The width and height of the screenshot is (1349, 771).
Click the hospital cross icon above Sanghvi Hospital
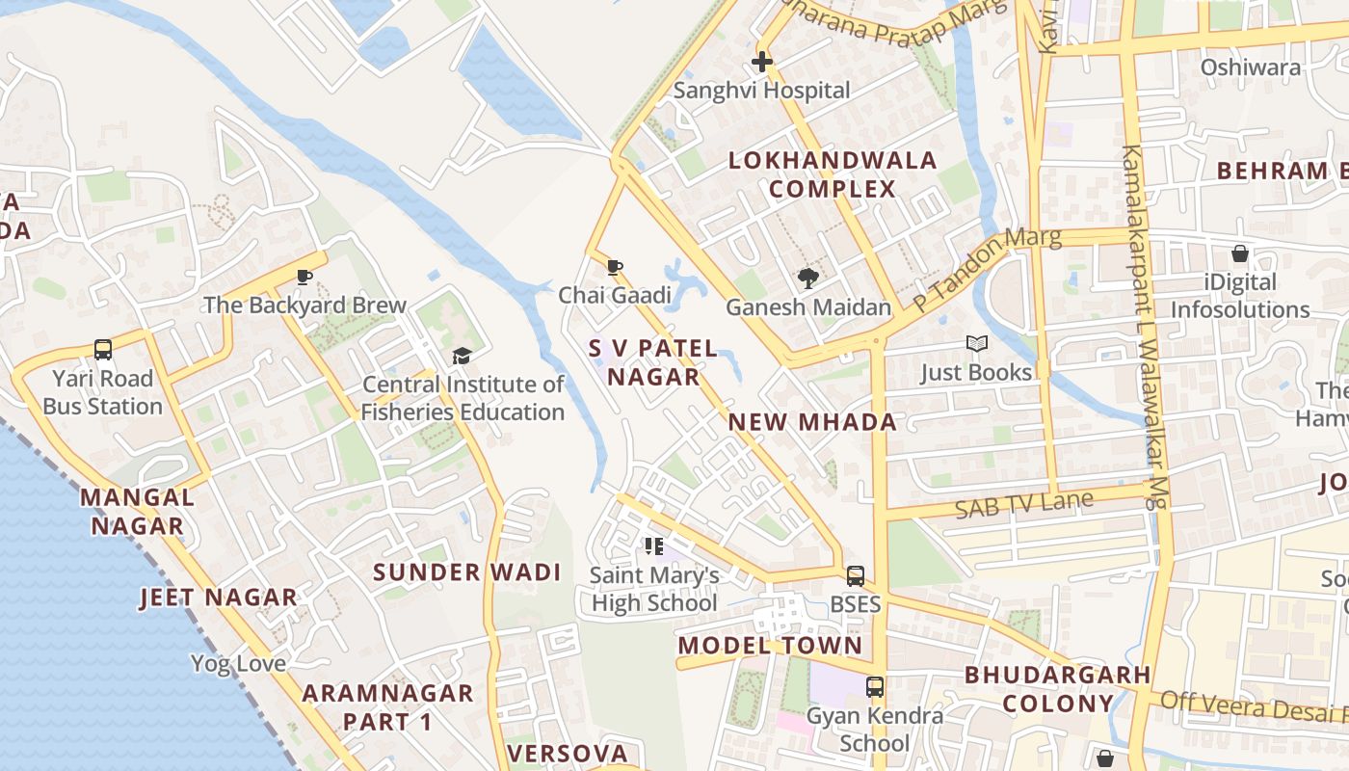coord(761,63)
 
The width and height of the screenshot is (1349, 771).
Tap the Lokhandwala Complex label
coord(833,174)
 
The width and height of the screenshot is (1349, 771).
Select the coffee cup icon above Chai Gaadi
coord(615,267)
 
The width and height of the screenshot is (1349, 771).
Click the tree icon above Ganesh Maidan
coord(808,279)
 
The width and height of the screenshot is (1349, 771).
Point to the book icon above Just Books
coord(976,344)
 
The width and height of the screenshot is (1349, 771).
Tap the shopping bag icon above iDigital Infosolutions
coord(1240,254)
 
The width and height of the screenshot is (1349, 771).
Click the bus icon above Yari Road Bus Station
coord(103,350)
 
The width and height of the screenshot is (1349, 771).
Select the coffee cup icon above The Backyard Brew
coord(304,278)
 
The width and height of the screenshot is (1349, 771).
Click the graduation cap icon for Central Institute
coord(463,357)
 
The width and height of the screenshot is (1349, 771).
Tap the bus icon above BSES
coord(856,576)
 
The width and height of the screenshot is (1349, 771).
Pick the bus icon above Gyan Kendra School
coord(875,687)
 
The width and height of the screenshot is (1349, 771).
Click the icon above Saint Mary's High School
coord(654,547)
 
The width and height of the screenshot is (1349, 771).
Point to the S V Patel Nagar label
coord(653,362)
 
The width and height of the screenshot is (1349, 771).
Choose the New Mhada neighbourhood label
coord(812,422)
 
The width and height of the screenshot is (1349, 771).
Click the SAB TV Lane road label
coord(1024,504)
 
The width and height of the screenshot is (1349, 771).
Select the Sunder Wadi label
coord(467,572)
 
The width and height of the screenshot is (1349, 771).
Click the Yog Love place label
coord(238,663)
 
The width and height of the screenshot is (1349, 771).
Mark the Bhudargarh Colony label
coord(1058,689)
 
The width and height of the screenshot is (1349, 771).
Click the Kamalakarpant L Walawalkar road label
coord(1145,328)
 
